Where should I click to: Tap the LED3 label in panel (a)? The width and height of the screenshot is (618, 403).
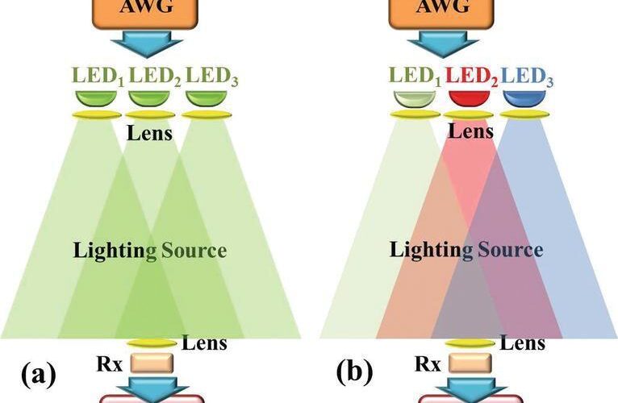pos(211,78)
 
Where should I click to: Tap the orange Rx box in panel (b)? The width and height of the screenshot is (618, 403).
pos(468,363)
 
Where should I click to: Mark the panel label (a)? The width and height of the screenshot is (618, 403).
pos(38,374)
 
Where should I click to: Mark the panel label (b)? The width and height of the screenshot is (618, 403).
pos(354,374)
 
